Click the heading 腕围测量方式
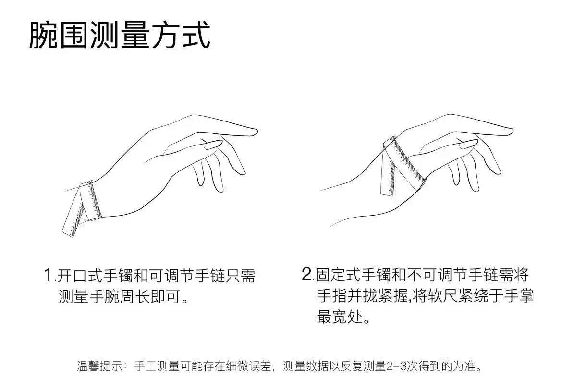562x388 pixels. coord(119,35)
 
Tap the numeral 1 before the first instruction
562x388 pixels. coord(48,275)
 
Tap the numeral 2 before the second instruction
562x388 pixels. coord(307,274)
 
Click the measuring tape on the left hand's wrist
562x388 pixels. coord(90,200)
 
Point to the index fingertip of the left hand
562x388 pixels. coord(255,132)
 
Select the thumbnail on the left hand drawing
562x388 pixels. coord(213,145)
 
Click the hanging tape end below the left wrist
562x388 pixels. coord(74,217)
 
